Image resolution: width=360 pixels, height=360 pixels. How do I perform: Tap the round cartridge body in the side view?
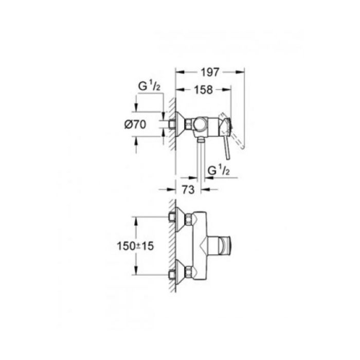point(200,124)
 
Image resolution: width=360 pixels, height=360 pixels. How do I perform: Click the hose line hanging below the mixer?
point(199,159)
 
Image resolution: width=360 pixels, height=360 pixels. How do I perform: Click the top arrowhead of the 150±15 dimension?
point(137,219)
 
